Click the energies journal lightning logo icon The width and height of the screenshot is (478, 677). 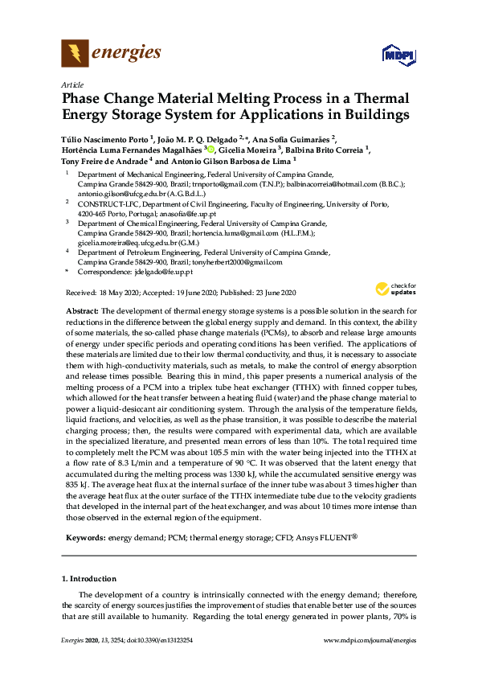tap(75, 54)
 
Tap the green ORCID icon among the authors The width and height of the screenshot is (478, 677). tap(211, 150)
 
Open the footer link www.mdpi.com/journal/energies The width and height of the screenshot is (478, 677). tap(369, 661)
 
